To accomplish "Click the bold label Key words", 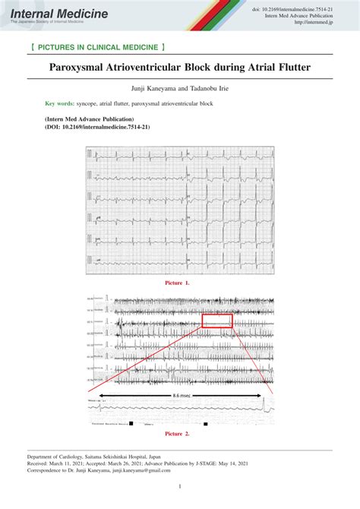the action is [58, 103].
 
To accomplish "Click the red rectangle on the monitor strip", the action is [217, 321].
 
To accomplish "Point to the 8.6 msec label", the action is [180, 396].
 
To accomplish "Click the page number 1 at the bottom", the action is [179, 487].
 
